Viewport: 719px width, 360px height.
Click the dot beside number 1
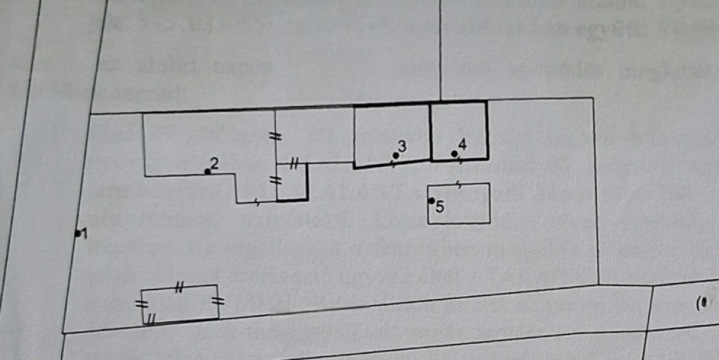tap(77, 234)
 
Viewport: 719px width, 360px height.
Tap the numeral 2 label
tap(215, 164)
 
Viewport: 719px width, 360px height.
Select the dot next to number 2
tap(207, 171)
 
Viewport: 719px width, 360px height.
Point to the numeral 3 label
tap(402, 146)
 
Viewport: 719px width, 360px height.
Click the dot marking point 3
tap(395, 155)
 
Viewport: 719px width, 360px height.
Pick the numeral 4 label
tap(462, 145)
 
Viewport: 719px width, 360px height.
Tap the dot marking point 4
tap(454, 154)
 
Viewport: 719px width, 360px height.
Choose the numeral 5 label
tap(440, 207)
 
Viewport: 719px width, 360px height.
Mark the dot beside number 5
tap(431, 201)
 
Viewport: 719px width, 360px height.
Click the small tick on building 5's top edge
tap(458, 185)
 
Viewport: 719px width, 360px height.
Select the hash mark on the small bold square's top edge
tap(294, 165)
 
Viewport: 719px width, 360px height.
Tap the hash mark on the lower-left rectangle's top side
tap(179, 286)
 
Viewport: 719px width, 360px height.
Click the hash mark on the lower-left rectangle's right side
tap(218, 302)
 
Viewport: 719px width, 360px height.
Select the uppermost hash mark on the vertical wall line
tap(276, 136)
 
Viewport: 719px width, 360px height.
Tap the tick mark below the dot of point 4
tap(460, 161)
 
